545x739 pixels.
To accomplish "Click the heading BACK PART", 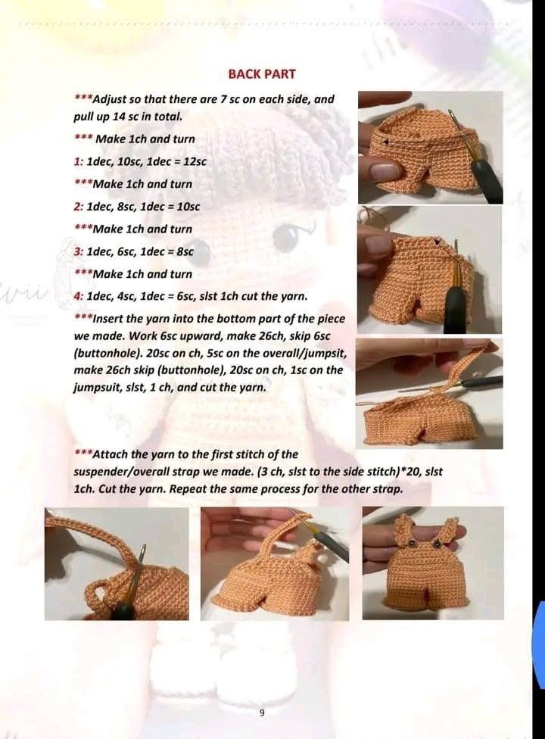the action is pos(262,74).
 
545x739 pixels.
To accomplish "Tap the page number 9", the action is pos(262,713).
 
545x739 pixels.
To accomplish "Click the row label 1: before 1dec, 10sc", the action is pos(79,162).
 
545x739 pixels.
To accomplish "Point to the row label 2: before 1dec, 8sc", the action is pos(79,207).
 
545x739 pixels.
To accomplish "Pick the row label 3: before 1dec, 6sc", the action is pos(79,251).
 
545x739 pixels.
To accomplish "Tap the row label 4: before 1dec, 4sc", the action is pos(79,297).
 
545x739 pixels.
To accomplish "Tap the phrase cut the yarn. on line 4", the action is pos(273,297).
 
